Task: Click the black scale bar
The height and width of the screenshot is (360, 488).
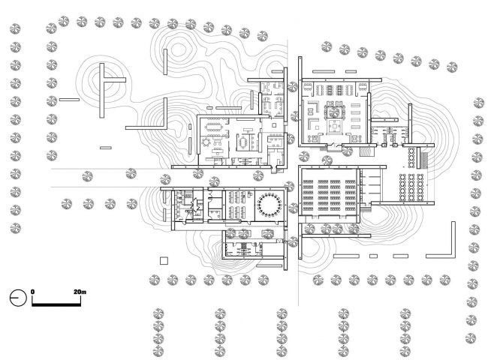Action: (x=56, y=304)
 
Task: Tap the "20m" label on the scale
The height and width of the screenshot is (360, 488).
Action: (x=80, y=292)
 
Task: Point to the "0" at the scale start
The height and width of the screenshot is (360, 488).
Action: (x=33, y=292)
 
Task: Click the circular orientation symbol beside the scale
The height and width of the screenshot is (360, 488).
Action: (x=18, y=298)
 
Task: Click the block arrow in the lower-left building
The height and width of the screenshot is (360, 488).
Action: (x=195, y=205)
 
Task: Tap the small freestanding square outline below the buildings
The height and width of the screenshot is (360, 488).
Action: (x=164, y=260)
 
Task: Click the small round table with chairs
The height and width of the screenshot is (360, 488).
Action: (x=206, y=142)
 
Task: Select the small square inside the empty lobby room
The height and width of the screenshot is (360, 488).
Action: (x=274, y=125)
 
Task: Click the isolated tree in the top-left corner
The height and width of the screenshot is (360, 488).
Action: (x=15, y=29)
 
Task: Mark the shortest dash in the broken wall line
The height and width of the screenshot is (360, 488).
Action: (x=373, y=256)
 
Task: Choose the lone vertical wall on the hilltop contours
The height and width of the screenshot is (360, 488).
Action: (x=165, y=61)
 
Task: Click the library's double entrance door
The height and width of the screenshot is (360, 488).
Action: (x=333, y=145)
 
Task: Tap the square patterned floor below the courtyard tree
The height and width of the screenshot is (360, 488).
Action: (x=335, y=127)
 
